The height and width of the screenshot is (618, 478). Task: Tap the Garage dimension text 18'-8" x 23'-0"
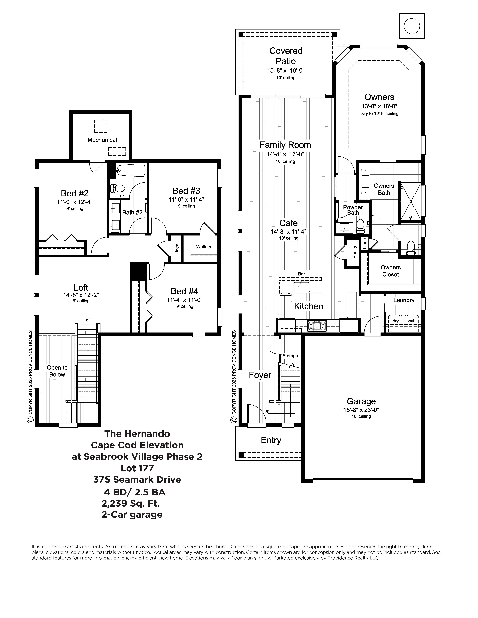(361, 410)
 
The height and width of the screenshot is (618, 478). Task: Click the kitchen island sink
(301, 286)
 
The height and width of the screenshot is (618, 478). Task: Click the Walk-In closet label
(204, 247)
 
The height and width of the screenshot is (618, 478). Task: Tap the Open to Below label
(57, 371)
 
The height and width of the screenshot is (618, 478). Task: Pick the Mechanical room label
(102, 140)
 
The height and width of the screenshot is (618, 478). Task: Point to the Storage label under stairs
(290, 356)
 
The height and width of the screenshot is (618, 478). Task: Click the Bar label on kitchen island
(301, 274)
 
